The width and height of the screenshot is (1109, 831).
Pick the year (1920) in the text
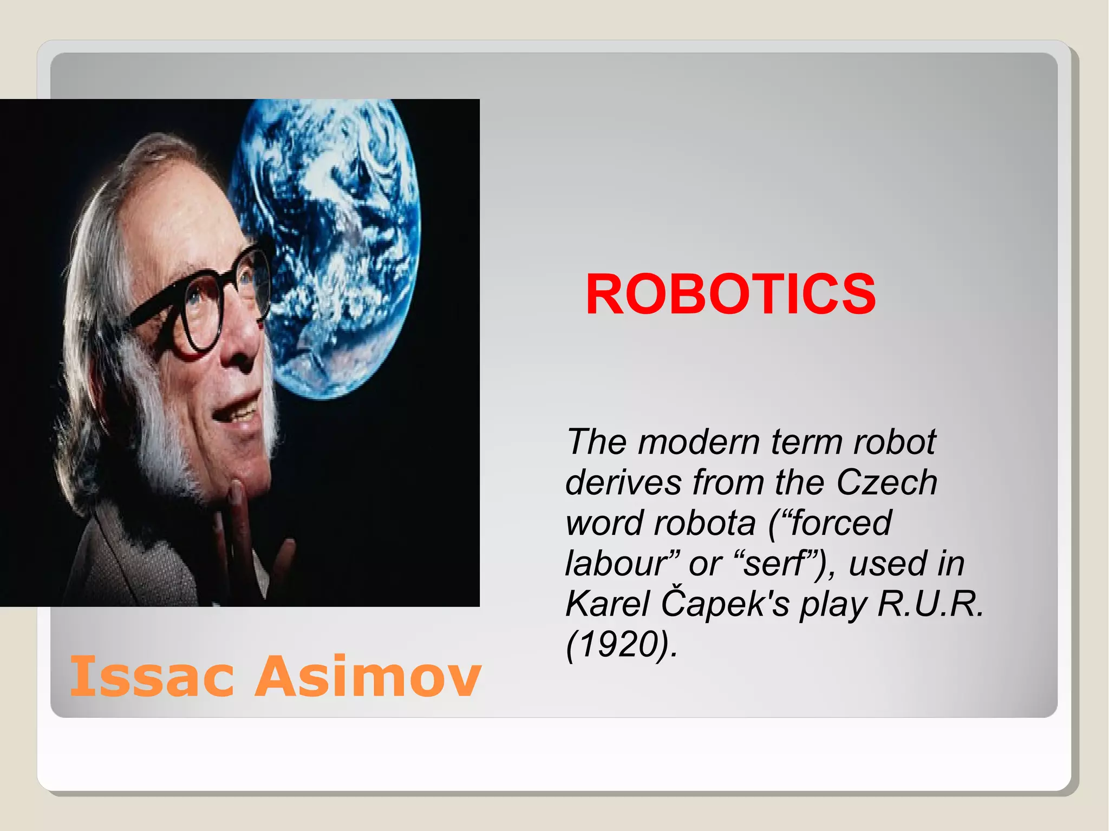point(621,644)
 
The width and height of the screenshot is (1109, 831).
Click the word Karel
point(607,604)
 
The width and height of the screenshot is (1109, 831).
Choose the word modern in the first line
point(699,442)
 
